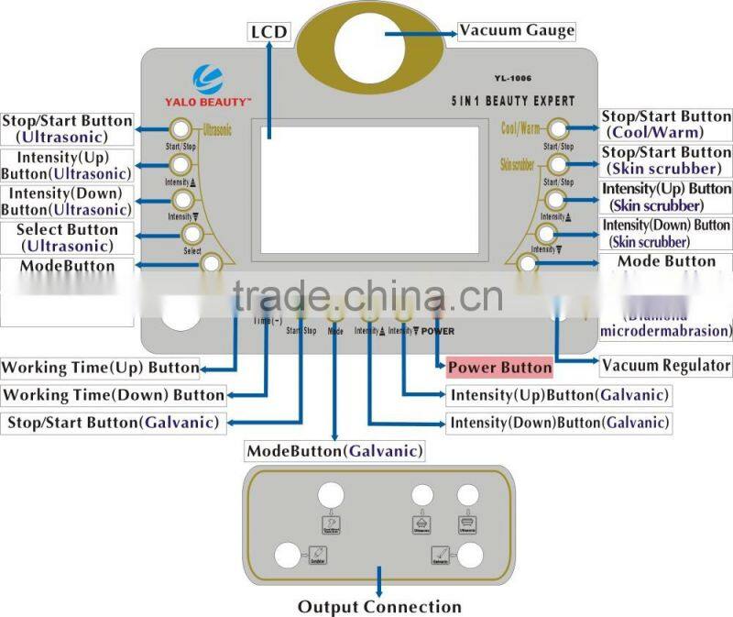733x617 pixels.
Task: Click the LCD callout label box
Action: coord(268,33)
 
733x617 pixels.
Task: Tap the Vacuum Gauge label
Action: coord(517,30)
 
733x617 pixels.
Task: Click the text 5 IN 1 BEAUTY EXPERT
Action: coord(514,100)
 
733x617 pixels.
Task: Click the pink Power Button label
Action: coord(499,368)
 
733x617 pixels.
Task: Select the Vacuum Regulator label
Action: coord(666,365)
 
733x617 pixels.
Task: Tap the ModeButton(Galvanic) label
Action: coord(334,450)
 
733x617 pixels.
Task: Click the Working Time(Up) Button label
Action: coord(100,368)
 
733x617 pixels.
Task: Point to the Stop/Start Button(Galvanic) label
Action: coord(113,423)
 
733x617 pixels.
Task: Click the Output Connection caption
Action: coord(379,606)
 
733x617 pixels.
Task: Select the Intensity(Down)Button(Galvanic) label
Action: coord(558,423)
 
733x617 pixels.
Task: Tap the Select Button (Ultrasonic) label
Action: coord(67,237)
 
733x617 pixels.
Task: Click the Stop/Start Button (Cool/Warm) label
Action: coord(666,125)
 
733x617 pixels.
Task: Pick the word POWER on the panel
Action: coord(438,330)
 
